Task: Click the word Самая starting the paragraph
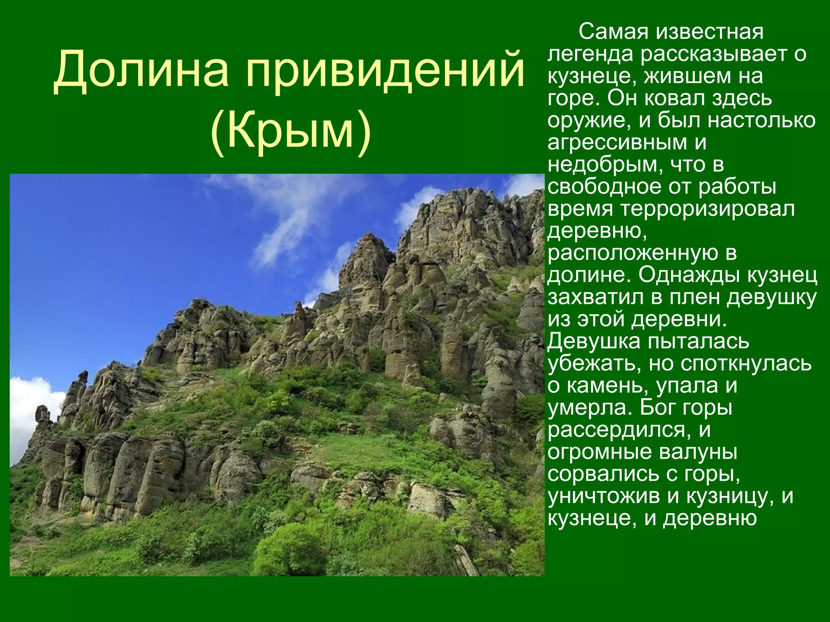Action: [x=613, y=32]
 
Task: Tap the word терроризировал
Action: [x=708, y=209]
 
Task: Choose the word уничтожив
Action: [x=604, y=496]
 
